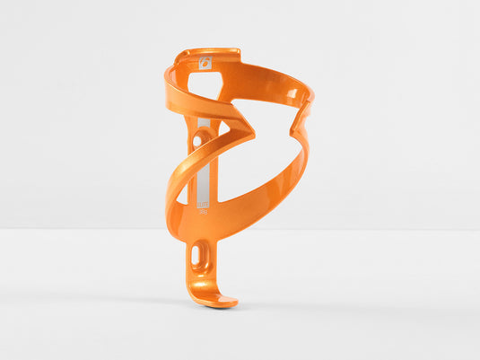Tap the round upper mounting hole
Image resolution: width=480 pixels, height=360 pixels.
point(197,140)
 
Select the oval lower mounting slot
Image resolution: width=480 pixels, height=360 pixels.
point(196,257)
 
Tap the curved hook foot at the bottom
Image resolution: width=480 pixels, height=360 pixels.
point(215,296)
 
